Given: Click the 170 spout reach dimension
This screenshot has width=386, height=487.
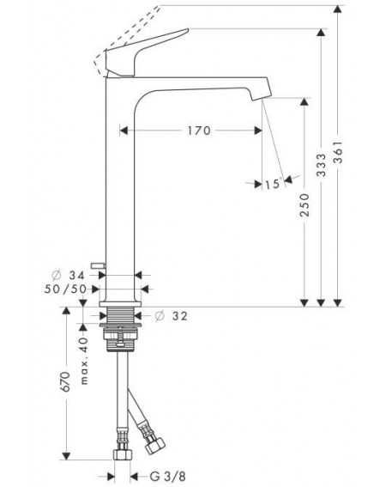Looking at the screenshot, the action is (199, 131).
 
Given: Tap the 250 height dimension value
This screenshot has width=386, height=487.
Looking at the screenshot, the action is (305, 205).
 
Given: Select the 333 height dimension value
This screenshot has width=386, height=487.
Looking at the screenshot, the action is (322, 165).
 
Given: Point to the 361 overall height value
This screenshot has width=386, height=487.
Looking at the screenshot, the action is (338, 152).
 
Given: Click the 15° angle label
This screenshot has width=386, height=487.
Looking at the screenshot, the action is (273, 184).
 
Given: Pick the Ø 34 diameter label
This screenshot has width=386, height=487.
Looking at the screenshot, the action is (68, 275).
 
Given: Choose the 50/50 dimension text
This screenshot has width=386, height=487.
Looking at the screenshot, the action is (65, 289).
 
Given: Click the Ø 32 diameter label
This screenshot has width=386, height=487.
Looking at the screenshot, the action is (171, 316).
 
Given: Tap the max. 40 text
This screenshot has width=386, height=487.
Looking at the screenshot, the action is (84, 362).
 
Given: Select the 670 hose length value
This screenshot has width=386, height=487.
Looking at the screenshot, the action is (65, 381).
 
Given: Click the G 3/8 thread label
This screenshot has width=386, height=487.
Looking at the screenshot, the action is (167, 476).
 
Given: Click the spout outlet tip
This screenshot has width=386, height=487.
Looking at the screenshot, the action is (262, 98).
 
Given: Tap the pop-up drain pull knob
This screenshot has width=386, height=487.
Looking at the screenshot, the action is (98, 265).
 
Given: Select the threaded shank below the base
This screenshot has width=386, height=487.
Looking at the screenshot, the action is (120, 315).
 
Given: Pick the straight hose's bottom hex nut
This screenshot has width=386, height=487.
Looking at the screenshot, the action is (122, 454).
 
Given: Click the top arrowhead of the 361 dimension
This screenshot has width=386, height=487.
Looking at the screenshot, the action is (338, 9).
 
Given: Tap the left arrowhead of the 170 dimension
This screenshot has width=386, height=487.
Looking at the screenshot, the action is (124, 131).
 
